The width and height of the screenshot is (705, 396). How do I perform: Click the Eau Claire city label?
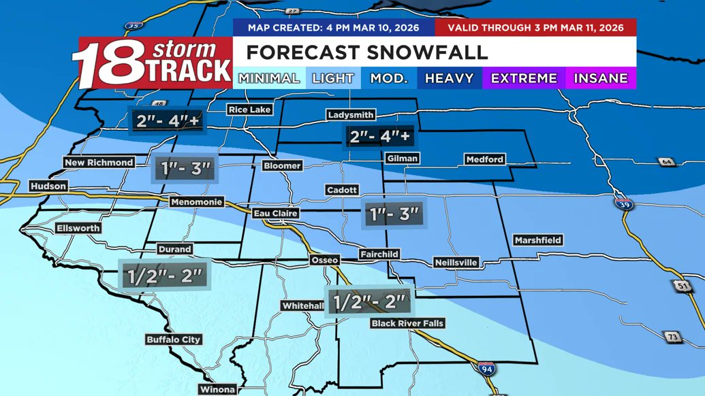click(x=276, y=214)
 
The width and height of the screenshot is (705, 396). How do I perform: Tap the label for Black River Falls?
click(x=407, y=323)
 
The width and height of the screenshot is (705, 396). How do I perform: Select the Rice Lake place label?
click(x=249, y=110)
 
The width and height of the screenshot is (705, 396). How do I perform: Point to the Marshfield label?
click(x=538, y=240)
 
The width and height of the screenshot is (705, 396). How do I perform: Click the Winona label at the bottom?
click(x=217, y=390)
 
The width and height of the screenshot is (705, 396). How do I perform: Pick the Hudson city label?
click(x=48, y=186)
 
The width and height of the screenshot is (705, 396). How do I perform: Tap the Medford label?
click(x=484, y=159)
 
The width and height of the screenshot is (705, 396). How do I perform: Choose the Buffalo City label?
click(x=174, y=339)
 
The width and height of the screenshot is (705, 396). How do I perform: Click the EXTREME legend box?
click(x=524, y=78)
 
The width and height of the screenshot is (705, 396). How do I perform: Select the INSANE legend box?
click(x=600, y=78)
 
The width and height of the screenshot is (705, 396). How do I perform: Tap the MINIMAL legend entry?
click(x=268, y=78)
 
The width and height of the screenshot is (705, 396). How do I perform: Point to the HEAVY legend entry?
click(x=449, y=78)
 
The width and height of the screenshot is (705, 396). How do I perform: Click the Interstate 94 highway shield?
click(x=486, y=368)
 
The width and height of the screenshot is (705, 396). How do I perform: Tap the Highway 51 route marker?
click(x=683, y=287)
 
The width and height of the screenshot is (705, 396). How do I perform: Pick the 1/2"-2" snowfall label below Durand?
click(x=164, y=276)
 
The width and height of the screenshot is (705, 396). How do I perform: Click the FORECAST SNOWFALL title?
click(x=366, y=52)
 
